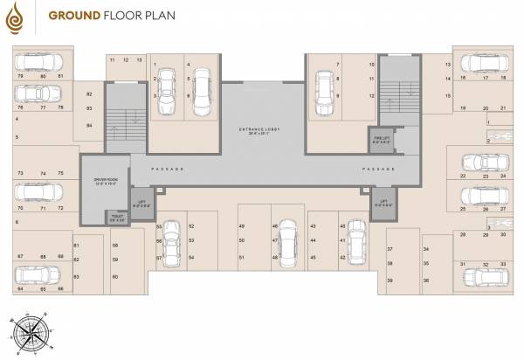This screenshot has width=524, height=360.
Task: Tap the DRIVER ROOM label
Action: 106,183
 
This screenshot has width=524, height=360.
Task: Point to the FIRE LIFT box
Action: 380,137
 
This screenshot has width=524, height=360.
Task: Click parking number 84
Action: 89,125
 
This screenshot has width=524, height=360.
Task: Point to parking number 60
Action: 115,276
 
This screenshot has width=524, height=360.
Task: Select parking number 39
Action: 390,280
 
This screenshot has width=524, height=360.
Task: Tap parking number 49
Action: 241,227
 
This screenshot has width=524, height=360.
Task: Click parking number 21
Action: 504,107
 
